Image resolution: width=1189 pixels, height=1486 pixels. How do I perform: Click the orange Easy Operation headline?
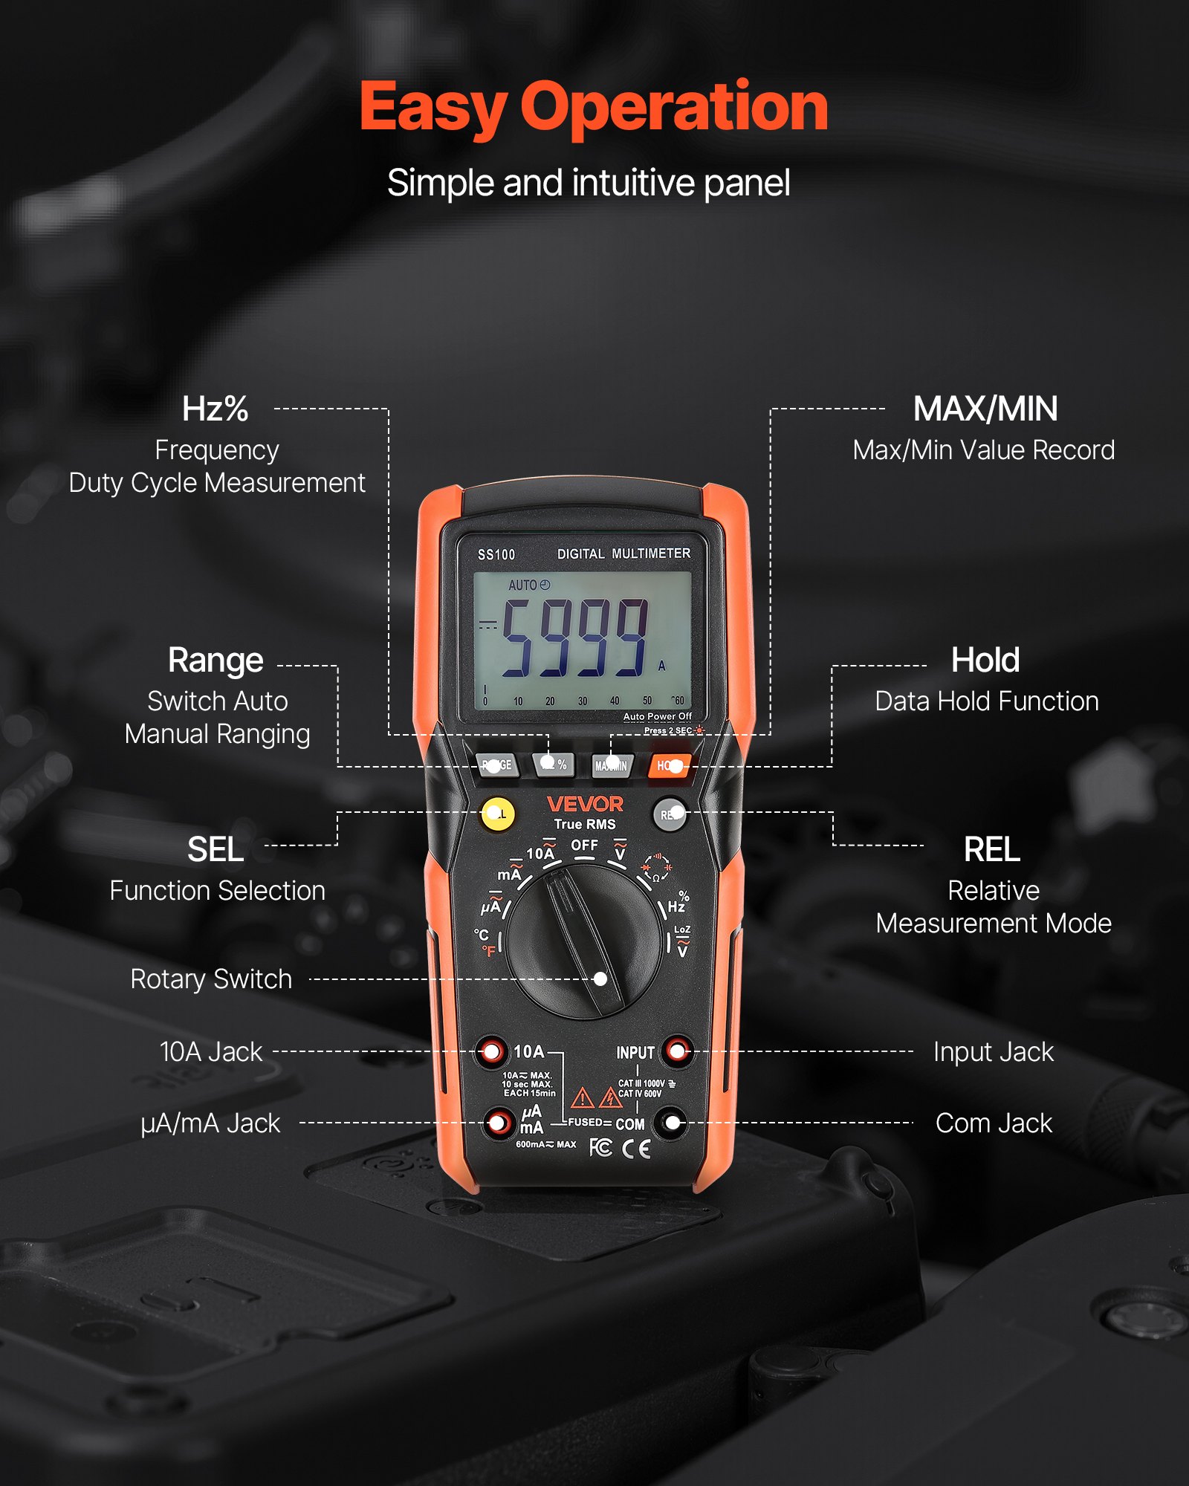[x=593, y=108]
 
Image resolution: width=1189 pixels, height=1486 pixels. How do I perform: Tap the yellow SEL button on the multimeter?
[x=498, y=814]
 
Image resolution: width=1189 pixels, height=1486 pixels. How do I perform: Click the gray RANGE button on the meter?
[x=497, y=765]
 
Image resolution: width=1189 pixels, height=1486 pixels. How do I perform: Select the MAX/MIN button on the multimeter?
[x=611, y=765]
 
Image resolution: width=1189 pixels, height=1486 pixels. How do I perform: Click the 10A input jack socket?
[x=491, y=1051]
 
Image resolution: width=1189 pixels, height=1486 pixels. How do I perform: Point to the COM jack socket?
[x=672, y=1123]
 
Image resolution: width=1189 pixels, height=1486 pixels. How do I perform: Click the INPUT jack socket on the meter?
[x=677, y=1051]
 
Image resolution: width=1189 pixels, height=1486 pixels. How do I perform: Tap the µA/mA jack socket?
[x=499, y=1122]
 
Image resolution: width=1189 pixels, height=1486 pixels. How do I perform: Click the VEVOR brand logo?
[x=585, y=804]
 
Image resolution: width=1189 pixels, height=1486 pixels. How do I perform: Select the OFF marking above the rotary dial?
[x=584, y=846]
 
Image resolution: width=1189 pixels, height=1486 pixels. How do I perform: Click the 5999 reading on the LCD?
[x=574, y=637]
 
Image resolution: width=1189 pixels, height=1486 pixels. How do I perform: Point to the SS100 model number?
[x=496, y=555]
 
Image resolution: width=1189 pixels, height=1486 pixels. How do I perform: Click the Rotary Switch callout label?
[x=211, y=979]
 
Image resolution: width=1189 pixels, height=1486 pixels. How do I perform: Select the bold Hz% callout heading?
[x=216, y=409]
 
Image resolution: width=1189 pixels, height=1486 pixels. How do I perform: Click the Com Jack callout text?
[x=994, y=1123]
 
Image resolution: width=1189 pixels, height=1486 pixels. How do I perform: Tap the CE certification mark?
[x=636, y=1149]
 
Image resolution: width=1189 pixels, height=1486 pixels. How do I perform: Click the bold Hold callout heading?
[x=985, y=660]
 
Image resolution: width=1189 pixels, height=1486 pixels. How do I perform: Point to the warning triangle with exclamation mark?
[x=582, y=1097]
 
